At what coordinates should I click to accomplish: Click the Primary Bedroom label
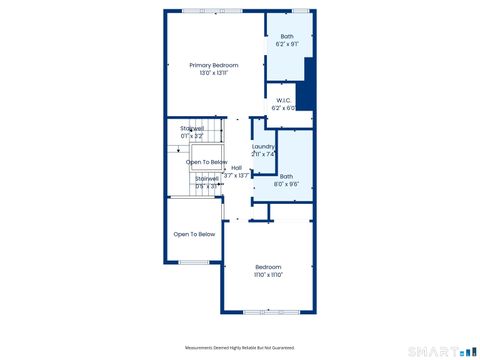[214, 65]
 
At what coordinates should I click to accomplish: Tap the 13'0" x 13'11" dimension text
[214, 73]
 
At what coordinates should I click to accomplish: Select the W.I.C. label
[284, 100]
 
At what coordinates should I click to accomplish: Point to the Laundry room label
[263, 147]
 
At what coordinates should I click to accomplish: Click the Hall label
[237, 168]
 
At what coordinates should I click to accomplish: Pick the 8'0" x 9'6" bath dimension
[286, 184]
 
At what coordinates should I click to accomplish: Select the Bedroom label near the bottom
[269, 266]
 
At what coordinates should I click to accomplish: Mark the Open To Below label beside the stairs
[207, 162]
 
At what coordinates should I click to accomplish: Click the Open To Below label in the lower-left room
[194, 234]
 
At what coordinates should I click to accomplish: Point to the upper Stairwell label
[192, 128]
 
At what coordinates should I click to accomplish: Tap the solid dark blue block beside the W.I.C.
[309, 85]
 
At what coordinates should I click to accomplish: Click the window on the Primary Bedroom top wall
[212, 11]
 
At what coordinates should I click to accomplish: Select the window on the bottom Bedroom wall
[269, 311]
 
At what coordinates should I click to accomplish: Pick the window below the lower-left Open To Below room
[194, 263]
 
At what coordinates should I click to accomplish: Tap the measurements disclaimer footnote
[240, 347]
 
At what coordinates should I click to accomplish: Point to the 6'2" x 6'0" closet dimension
[284, 108]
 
